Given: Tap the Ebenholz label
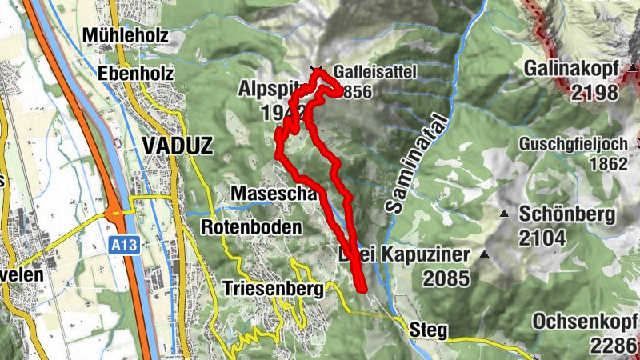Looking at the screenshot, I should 135,74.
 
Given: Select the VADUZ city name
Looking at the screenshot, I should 178,144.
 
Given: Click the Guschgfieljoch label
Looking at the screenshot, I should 571,145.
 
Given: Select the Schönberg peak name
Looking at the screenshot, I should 566,214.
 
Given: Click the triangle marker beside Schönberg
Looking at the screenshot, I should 504,214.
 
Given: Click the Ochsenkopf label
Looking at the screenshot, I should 585,322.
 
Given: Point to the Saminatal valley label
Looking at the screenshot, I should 407,174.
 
